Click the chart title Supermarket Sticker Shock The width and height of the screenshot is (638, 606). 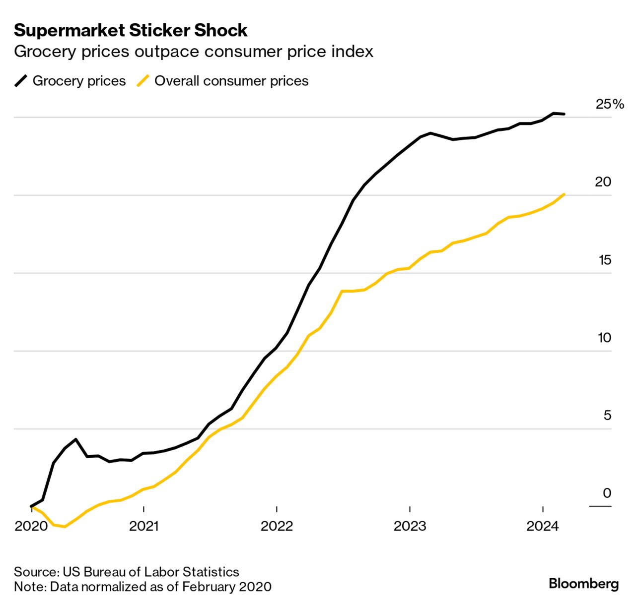pyautogui.click(x=131, y=30)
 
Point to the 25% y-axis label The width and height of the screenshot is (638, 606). pyautogui.click(x=610, y=104)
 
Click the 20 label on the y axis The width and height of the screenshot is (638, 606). pyautogui.click(x=603, y=182)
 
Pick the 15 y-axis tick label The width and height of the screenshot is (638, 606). pyautogui.click(x=604, y=260)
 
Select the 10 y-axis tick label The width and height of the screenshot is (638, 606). pyautogui.click(x=604, y=338)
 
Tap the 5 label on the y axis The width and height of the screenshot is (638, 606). pyautogui.click(x=607, y=416)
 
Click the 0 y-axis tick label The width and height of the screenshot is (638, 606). pyautogui.click(x=607, y=493)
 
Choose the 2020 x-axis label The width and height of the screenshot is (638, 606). pyautogui.click(x=31, y=526)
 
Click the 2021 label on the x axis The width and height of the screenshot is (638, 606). pyautogui.click(x=143, y=526)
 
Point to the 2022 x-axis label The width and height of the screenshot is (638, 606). pyautogui.click(x=277, y=526)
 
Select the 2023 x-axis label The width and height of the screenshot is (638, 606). pyautogui.click(x=410, y=526)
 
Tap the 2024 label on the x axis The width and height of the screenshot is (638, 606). pyautogui.click(x=543, y=526)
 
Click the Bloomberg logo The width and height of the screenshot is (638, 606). pyautogui.click(x=584, y=584)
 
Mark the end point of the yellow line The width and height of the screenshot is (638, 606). pyautogui.click(x=564, y=194)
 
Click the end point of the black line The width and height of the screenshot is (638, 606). pyautogui.click(x=564, y=114)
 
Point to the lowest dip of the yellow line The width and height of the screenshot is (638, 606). pyautogui.click(x=65, y=527)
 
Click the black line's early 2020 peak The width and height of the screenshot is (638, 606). pyautogui.click(x=75, y=439)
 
